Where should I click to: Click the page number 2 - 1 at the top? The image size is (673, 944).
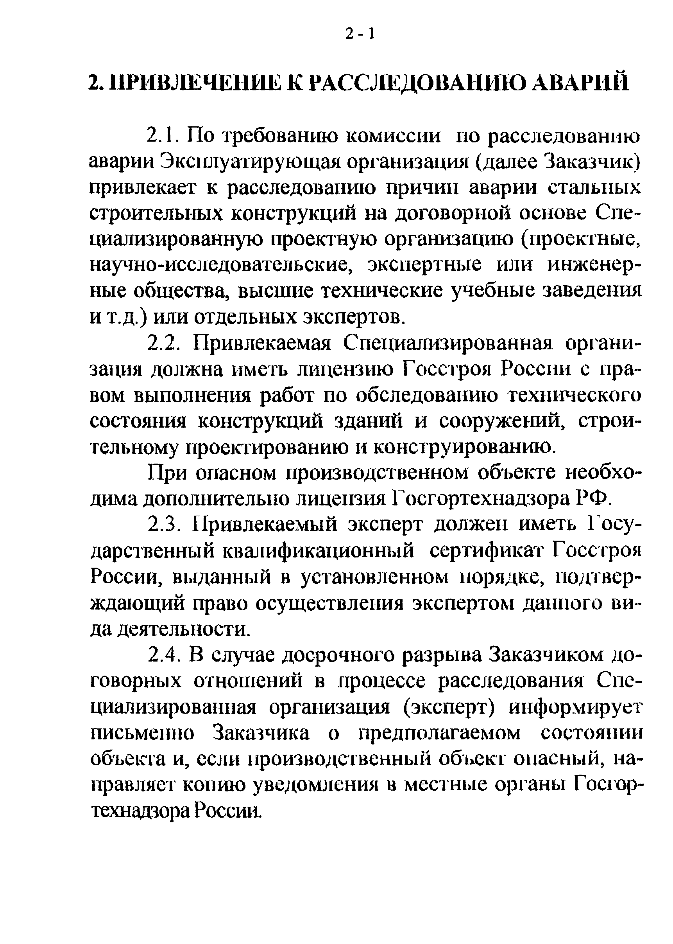pos(360,34)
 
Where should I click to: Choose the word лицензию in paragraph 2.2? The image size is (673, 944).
pos(343,369)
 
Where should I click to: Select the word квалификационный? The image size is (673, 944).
pos(318,551)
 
